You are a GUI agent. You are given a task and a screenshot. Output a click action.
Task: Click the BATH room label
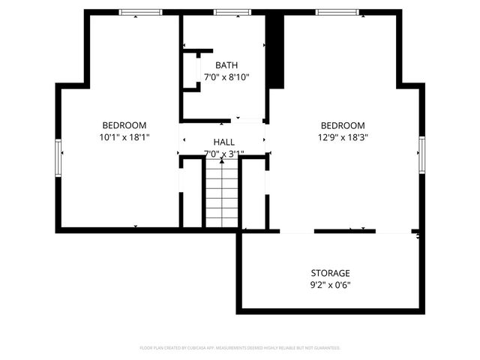point(226,65)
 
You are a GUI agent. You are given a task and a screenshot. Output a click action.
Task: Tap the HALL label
point(223,142)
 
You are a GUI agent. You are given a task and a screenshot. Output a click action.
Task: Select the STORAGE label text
point(330,273)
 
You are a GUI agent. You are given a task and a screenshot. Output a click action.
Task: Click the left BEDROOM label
point(124,125)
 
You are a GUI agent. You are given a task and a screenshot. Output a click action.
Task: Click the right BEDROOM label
point(343,125)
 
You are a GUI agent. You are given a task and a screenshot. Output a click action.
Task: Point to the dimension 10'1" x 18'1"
point(124,137)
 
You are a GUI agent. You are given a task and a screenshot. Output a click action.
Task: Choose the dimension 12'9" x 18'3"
point(343,137)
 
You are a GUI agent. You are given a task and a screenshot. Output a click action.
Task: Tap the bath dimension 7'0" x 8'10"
point(226,77)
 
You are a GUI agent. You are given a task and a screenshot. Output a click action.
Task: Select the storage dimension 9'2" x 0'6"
point(330,285)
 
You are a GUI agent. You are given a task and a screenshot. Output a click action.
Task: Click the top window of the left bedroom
point(141,12)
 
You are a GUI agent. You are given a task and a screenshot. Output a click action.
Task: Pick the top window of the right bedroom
point(336,12)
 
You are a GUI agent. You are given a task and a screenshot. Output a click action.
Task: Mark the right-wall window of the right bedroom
point(422,154)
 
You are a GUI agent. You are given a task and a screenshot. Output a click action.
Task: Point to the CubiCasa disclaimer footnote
point(240,348)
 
